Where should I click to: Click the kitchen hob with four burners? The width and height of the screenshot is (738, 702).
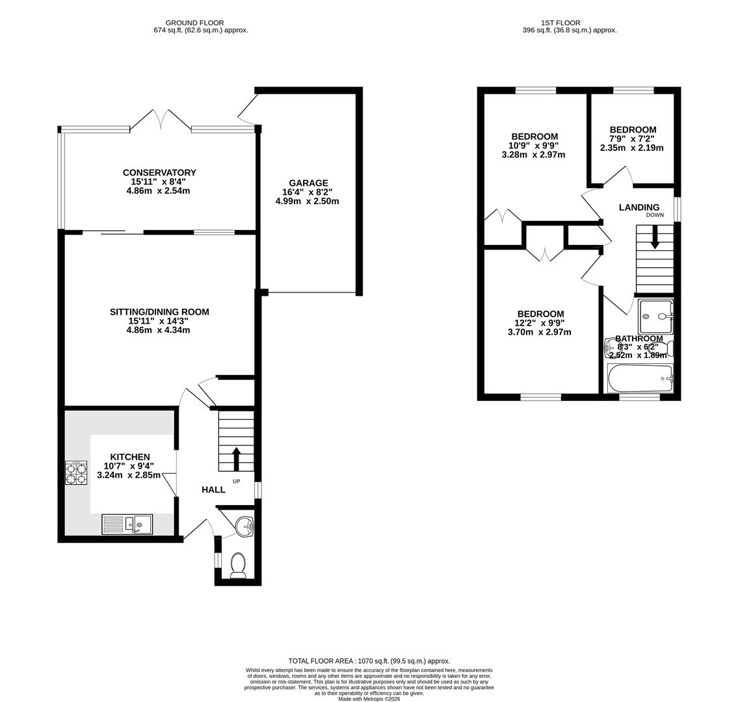[x=76, y=473]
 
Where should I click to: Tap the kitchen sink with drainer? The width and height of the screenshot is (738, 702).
[x=127, y=524]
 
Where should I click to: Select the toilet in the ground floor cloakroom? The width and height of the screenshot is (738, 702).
[x=238, y=565]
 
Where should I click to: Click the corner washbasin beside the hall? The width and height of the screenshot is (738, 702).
[x=243, y=525]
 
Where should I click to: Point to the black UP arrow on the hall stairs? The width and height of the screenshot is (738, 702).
[x=236, y=458]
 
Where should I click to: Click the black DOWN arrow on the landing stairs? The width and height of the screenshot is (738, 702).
[x=655, y=237]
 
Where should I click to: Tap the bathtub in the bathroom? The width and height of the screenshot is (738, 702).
[x=640, y=378]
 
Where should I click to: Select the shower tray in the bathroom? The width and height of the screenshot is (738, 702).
[x=655, y=317]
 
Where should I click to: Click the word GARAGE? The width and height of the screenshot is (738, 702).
[x=309, y=183]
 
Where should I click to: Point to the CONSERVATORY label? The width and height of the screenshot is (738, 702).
[x=159, y=172]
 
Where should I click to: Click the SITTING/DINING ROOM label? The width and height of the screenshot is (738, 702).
[x=159, y=312]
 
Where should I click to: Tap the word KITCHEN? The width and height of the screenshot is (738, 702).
[x=130, y=457]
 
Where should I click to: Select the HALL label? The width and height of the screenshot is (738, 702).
[x=213, y=489]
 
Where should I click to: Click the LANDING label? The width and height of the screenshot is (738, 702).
[x=639, y=207]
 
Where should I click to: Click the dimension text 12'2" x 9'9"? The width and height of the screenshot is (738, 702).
[x=540, y=323]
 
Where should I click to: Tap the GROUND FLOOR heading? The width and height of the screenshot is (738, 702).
[x=194, y=23]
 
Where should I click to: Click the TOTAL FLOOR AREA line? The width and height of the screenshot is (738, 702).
[x=369, y=660]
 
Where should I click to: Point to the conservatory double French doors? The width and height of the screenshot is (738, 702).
[x=161, y=120]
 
